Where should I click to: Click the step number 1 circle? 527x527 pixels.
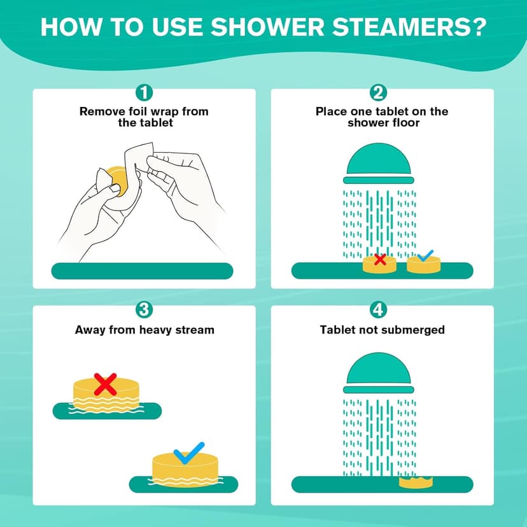tap(144, 93)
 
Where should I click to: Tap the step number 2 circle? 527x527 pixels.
tap(378, 93)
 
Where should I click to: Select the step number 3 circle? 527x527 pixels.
tap(144, 310)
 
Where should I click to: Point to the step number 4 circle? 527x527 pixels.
tap(378, 310)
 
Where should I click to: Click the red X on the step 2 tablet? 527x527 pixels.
tap(380, 259)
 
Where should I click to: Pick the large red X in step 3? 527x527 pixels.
tap(105, 384)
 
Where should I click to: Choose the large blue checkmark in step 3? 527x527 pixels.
tap(189, 452)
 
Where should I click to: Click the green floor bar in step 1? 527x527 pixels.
tap(142, 271)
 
